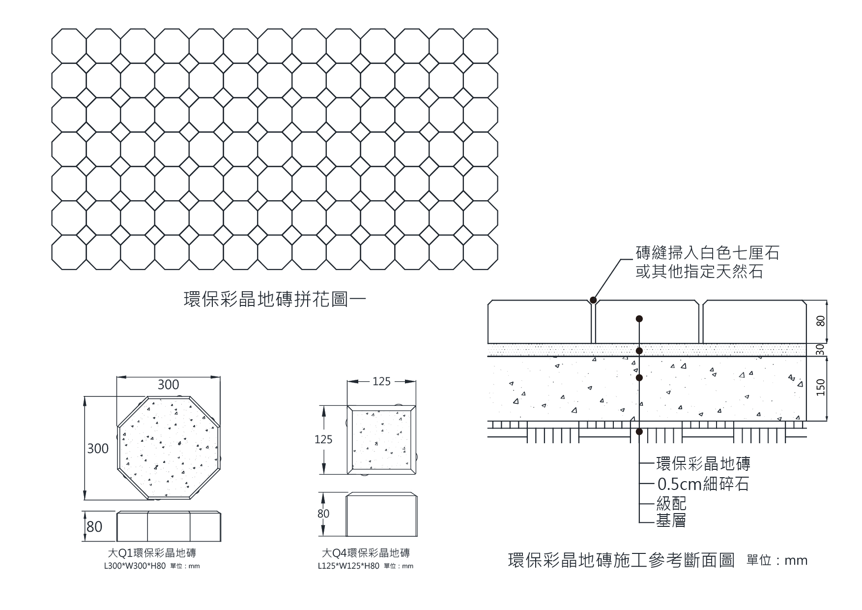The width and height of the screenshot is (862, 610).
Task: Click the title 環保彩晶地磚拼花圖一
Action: [x=275, y=300]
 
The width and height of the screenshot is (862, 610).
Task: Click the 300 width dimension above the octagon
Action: [x=168, y=385]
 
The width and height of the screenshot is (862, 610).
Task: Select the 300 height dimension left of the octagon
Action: [x=98, y=449]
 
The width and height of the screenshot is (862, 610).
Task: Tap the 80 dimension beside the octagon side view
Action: [x=94, y=527]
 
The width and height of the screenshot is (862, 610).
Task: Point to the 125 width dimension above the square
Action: [x=381, y=381]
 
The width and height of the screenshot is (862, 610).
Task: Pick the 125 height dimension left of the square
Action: [x=323, y=439]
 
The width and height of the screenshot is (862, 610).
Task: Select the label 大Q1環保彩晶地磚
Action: [x=152, y=553]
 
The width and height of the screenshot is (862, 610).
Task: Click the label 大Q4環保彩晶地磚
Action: [x=366, y=553]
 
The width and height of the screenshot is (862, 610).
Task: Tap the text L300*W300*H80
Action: [x=134, y=566]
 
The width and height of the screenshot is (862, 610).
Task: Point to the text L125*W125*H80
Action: [x=348, y=566]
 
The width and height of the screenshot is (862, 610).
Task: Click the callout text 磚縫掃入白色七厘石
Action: [x=707, y=253]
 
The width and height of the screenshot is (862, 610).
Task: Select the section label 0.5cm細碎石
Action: [x=703, y=485]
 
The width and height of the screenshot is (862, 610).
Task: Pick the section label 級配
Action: [x=671, y=503]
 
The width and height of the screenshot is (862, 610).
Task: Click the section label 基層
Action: [x=671, y=520]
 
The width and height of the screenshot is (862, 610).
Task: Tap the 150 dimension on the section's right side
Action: [x=820, y=388]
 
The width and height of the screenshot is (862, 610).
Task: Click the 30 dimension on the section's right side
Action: [x=820, y=350]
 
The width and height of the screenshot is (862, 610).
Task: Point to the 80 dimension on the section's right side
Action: [x=820, y=322]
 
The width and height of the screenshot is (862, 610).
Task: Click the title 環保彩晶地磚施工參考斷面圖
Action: [x=621, y=560]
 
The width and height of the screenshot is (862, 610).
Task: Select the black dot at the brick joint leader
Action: [x=593, y=300]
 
